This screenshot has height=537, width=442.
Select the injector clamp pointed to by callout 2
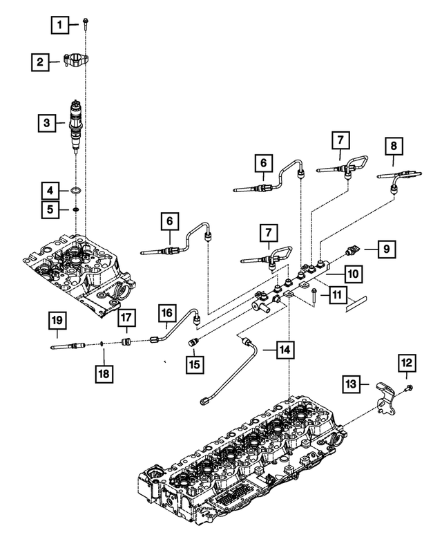pos(73,61)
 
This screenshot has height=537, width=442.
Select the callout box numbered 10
pos(352,274)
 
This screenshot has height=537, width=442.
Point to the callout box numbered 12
pos(407,361)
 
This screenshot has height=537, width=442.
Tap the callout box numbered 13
pos(351,383)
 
